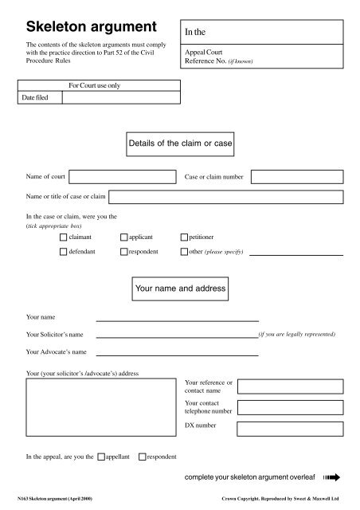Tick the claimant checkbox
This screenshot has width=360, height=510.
[x=64, y=237]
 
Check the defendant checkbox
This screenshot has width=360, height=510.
[x=64, y=252]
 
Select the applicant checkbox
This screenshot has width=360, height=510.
[x=123, y=237]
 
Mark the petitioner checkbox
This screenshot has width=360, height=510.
[x=184, y=237]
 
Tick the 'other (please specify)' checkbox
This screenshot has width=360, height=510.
[x=184, y=252]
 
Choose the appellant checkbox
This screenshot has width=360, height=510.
[x=101, y=457]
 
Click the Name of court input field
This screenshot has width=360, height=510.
[x=134, y=176]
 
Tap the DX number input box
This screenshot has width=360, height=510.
[x=290, y=434]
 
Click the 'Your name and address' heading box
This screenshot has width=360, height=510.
[x=179, y=287]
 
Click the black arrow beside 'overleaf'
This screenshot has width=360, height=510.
[x=331, y=478]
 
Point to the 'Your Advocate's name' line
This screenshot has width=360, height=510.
[x=177, y=352]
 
